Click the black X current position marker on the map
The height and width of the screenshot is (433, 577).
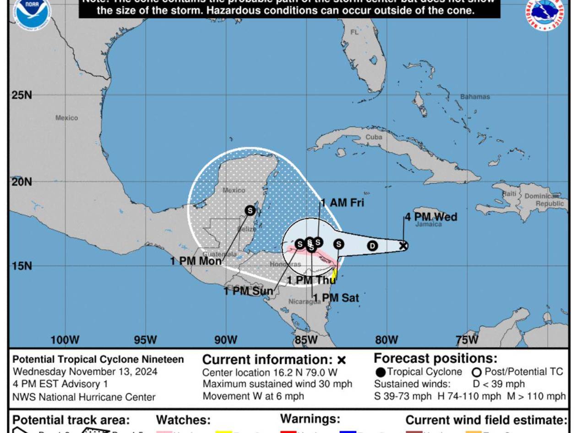403,246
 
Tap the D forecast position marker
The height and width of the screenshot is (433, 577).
372,246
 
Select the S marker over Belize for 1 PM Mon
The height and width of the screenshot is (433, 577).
250,210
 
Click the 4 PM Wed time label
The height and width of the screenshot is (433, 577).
430,217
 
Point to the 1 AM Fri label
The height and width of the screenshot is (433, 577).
343,203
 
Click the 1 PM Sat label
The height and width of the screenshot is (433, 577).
336,298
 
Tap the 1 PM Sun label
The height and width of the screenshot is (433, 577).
248,291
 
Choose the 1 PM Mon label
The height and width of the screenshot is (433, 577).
196,261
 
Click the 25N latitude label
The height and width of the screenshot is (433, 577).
22,95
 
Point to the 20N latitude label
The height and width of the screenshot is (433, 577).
22,182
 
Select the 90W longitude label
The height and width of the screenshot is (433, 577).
226,340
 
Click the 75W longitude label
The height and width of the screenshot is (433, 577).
467,340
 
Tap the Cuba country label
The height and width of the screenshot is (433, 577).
374,137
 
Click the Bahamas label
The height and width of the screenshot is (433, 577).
475,97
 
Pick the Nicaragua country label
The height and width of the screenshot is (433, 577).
305,301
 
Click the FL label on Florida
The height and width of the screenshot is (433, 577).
354,33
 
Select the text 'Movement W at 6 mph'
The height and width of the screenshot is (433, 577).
253,396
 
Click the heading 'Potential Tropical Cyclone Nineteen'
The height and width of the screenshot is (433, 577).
98,360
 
